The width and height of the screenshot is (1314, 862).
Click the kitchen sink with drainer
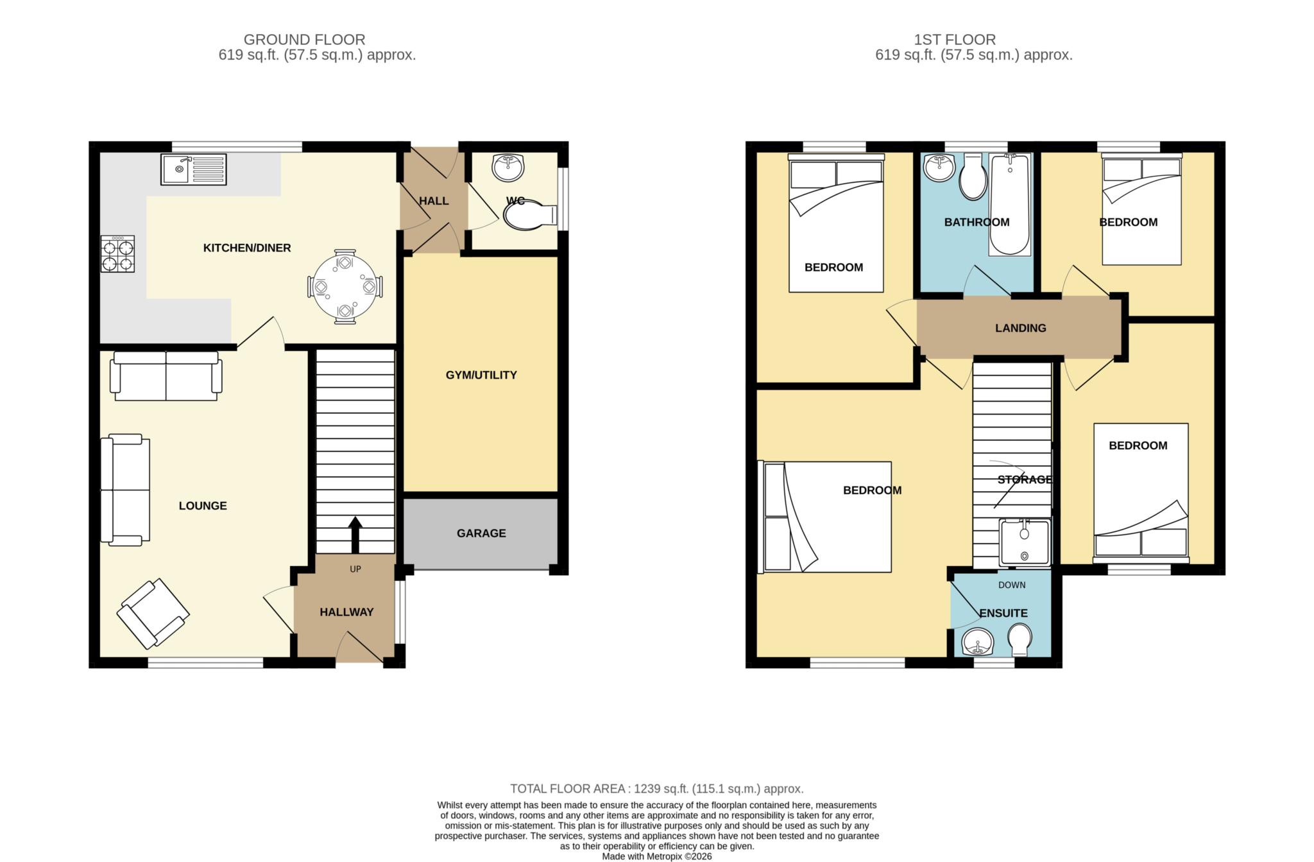(193, 169)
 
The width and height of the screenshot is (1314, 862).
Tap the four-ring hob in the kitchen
(118, 254)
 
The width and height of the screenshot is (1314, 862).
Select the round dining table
(345, 286)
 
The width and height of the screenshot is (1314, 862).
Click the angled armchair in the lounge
(153, 614)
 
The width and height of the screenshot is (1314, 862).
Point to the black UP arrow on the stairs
(355, 534)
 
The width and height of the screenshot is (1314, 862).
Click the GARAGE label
(481, 533)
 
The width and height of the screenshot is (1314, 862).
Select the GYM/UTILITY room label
(481, 375)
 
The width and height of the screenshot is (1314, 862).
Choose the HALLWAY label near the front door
(346, 612)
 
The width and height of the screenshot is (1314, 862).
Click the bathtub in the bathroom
(1010, 204)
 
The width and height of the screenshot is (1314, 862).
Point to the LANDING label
(1021, 328)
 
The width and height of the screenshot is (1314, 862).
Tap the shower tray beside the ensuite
(1025, 543)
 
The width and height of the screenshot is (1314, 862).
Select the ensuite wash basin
(978, 642)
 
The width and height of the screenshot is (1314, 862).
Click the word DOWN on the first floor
(1012, 585)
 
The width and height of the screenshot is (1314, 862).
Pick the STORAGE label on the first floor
(1025, 479)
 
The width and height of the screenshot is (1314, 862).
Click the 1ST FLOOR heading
(955, 40)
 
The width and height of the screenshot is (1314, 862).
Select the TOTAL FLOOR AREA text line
(657, 789)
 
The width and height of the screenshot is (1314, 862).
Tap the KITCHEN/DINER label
(247, 248)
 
